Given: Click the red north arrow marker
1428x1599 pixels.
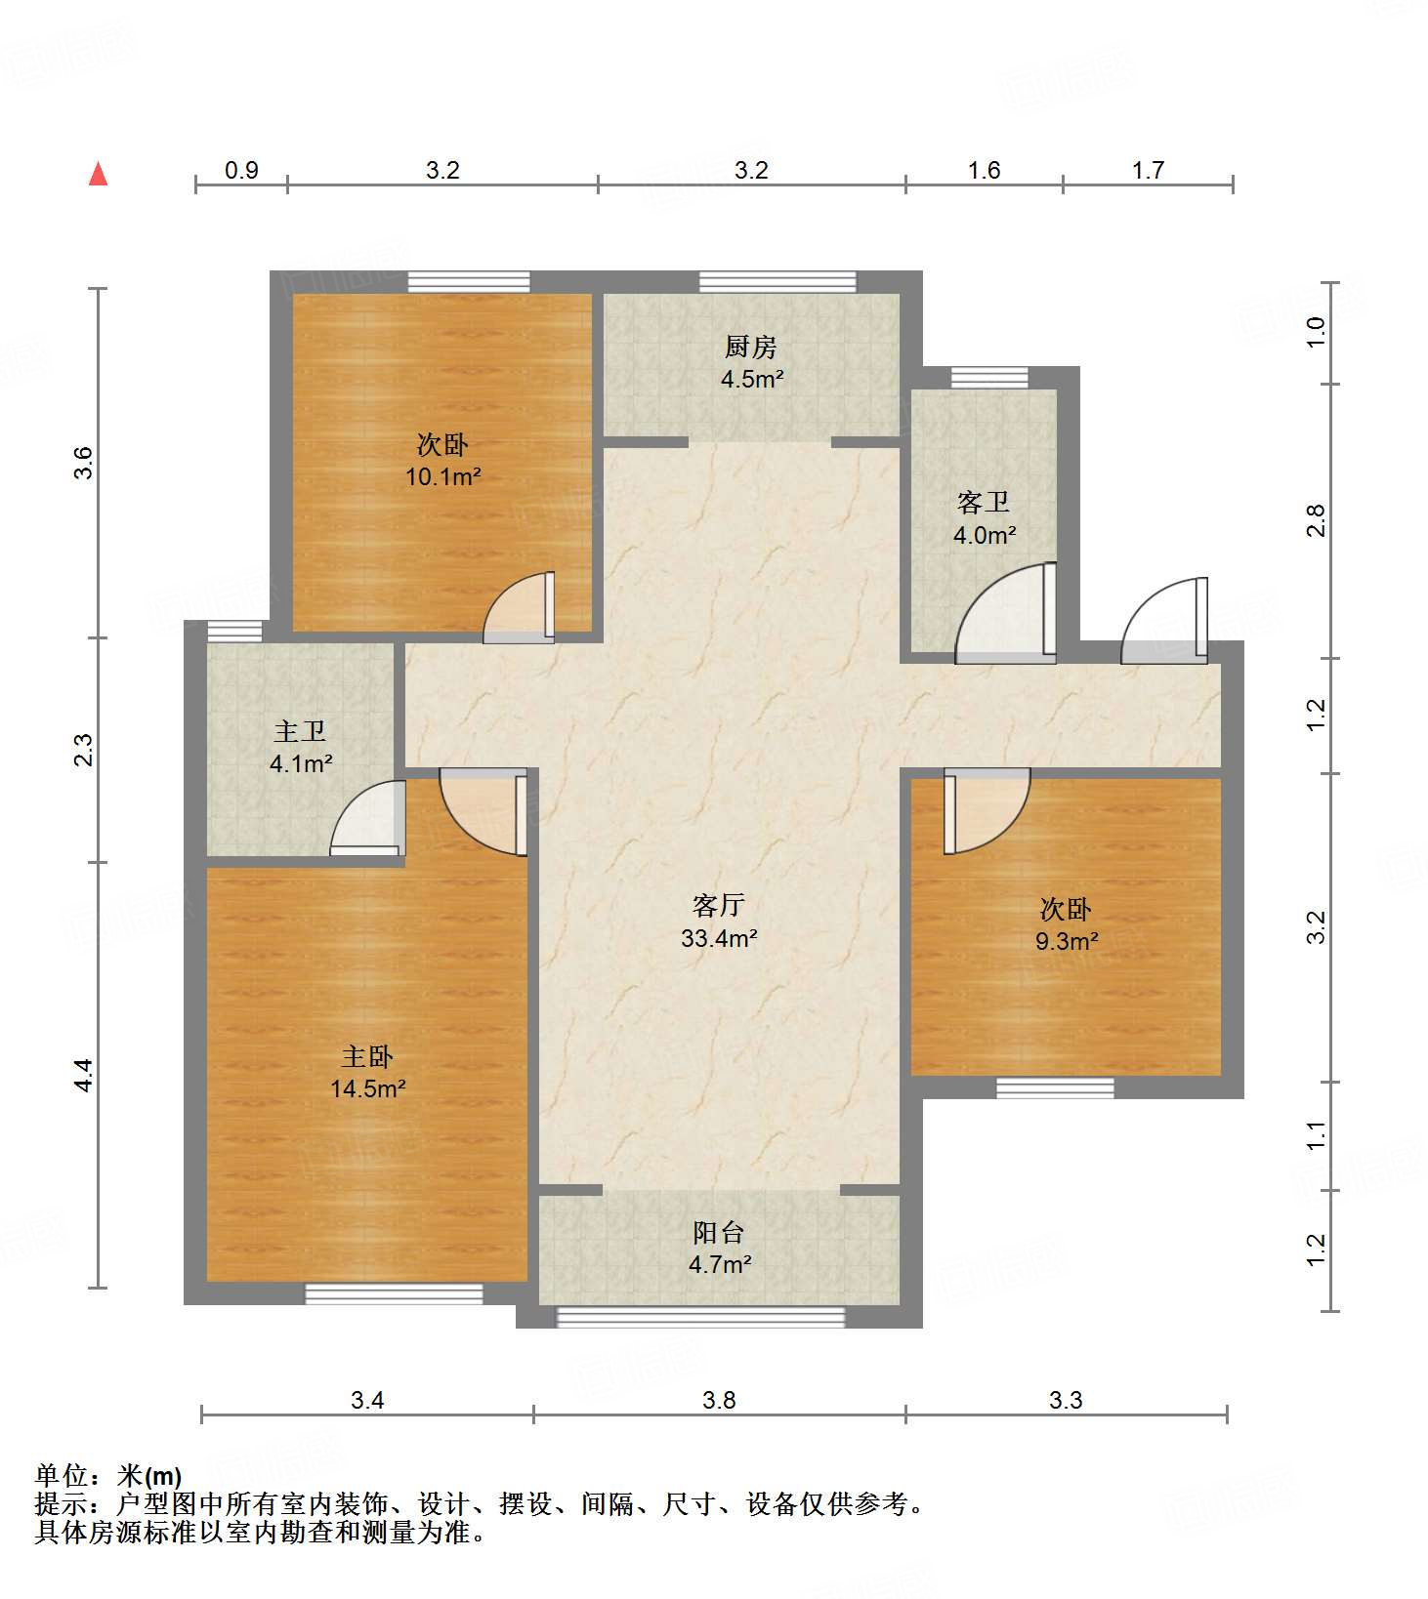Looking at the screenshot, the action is [x=98, y=174].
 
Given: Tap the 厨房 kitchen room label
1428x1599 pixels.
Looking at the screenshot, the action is [x=750, y=347].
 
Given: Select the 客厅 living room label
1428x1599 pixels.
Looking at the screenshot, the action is [x=718, y=905].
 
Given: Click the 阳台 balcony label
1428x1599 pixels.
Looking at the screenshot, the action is [x=719, y=1232].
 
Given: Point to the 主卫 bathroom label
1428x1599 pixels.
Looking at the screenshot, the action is [x=300, y=731].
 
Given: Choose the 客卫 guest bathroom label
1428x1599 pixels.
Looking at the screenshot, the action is [x=984, y=502].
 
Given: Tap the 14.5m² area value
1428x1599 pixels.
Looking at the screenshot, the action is [x=367, y=1087].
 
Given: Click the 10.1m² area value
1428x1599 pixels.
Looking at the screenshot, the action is [x=443, y=476].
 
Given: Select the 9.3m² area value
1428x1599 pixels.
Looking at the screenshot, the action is [x=1067, y=941].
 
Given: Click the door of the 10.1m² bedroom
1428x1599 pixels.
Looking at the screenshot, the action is [x=520, y=607].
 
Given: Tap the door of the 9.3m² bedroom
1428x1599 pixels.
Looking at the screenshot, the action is [x=987, y=810].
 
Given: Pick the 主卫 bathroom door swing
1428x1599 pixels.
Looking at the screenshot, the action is [x=368, y=818].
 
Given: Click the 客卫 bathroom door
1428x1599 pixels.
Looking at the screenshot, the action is [x=1005, y=612].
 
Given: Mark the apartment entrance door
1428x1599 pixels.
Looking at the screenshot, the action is [x=1164, y=621].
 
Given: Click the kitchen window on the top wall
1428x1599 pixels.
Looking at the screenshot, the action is [x=777, y=282].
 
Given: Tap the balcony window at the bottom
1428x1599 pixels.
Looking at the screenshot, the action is [x=700, y=1317].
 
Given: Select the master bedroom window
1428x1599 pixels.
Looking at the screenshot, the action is [x=394, y=1293].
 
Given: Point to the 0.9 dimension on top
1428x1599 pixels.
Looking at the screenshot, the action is [x=241, y=171].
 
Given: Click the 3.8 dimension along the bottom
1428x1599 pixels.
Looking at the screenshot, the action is [x=719, y=1400].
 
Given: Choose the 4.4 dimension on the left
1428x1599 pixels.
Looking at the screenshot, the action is [x=84, y=1075].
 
